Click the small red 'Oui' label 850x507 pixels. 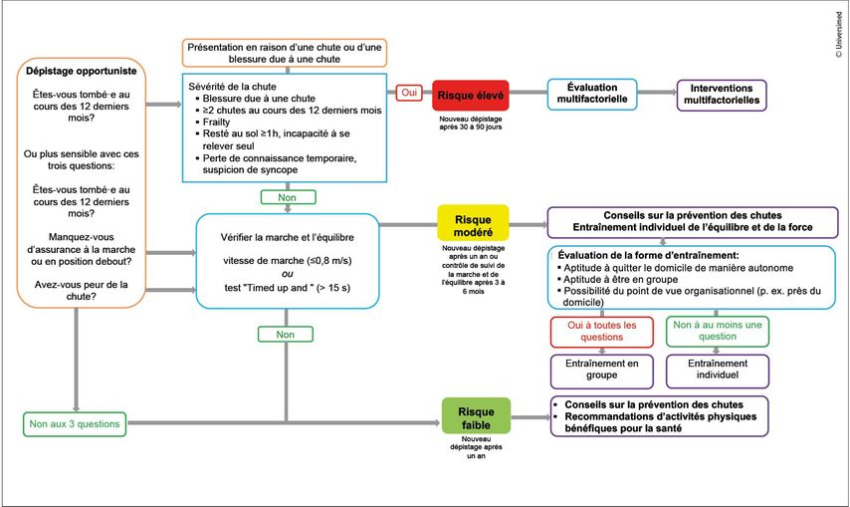click(x=408, y=93)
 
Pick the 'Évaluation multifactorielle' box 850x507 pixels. click(x=591, y=95)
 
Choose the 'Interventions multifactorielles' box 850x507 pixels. click(x=722, y=95)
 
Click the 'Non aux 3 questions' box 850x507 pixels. click(x=76, y=423)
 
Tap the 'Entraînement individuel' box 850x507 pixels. click(x=717, y=372)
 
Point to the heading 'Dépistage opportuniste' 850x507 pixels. click(x=81, y=72)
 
